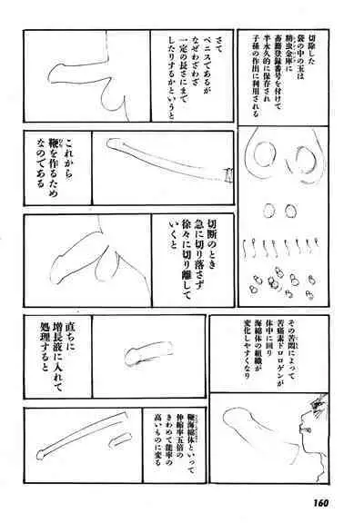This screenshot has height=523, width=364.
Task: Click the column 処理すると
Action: coord(39,361)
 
